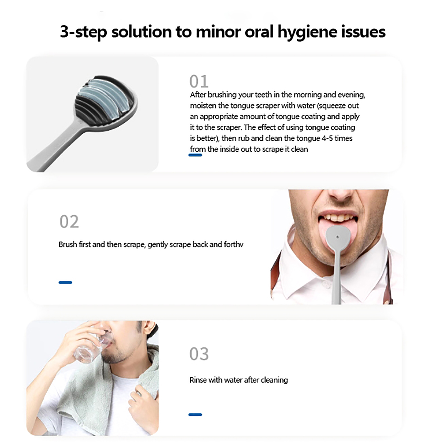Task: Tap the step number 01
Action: click(199, 81)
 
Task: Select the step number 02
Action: click(69, 222)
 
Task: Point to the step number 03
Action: click(199, 354)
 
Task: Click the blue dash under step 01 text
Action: click(195, 155)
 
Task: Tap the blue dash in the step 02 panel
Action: click(65, 282)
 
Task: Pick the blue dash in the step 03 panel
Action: click(195, 415)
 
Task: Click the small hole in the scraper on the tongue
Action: click(337, 237)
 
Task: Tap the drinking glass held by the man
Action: click(90, 347)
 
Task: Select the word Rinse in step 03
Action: click(198, 380)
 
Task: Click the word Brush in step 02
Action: click(68, 244)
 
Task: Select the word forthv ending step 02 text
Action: click(234, 244)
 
